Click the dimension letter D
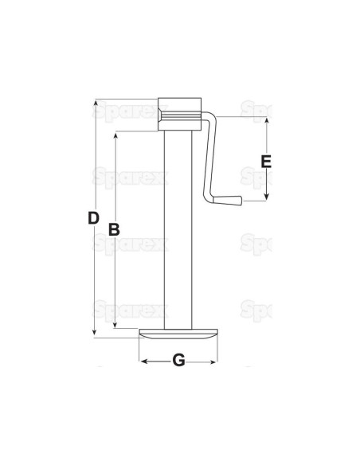(92, 217)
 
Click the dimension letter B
(113, 229)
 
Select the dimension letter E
(267, 161)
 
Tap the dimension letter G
(178, 361)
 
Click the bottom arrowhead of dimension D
(96, 333)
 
